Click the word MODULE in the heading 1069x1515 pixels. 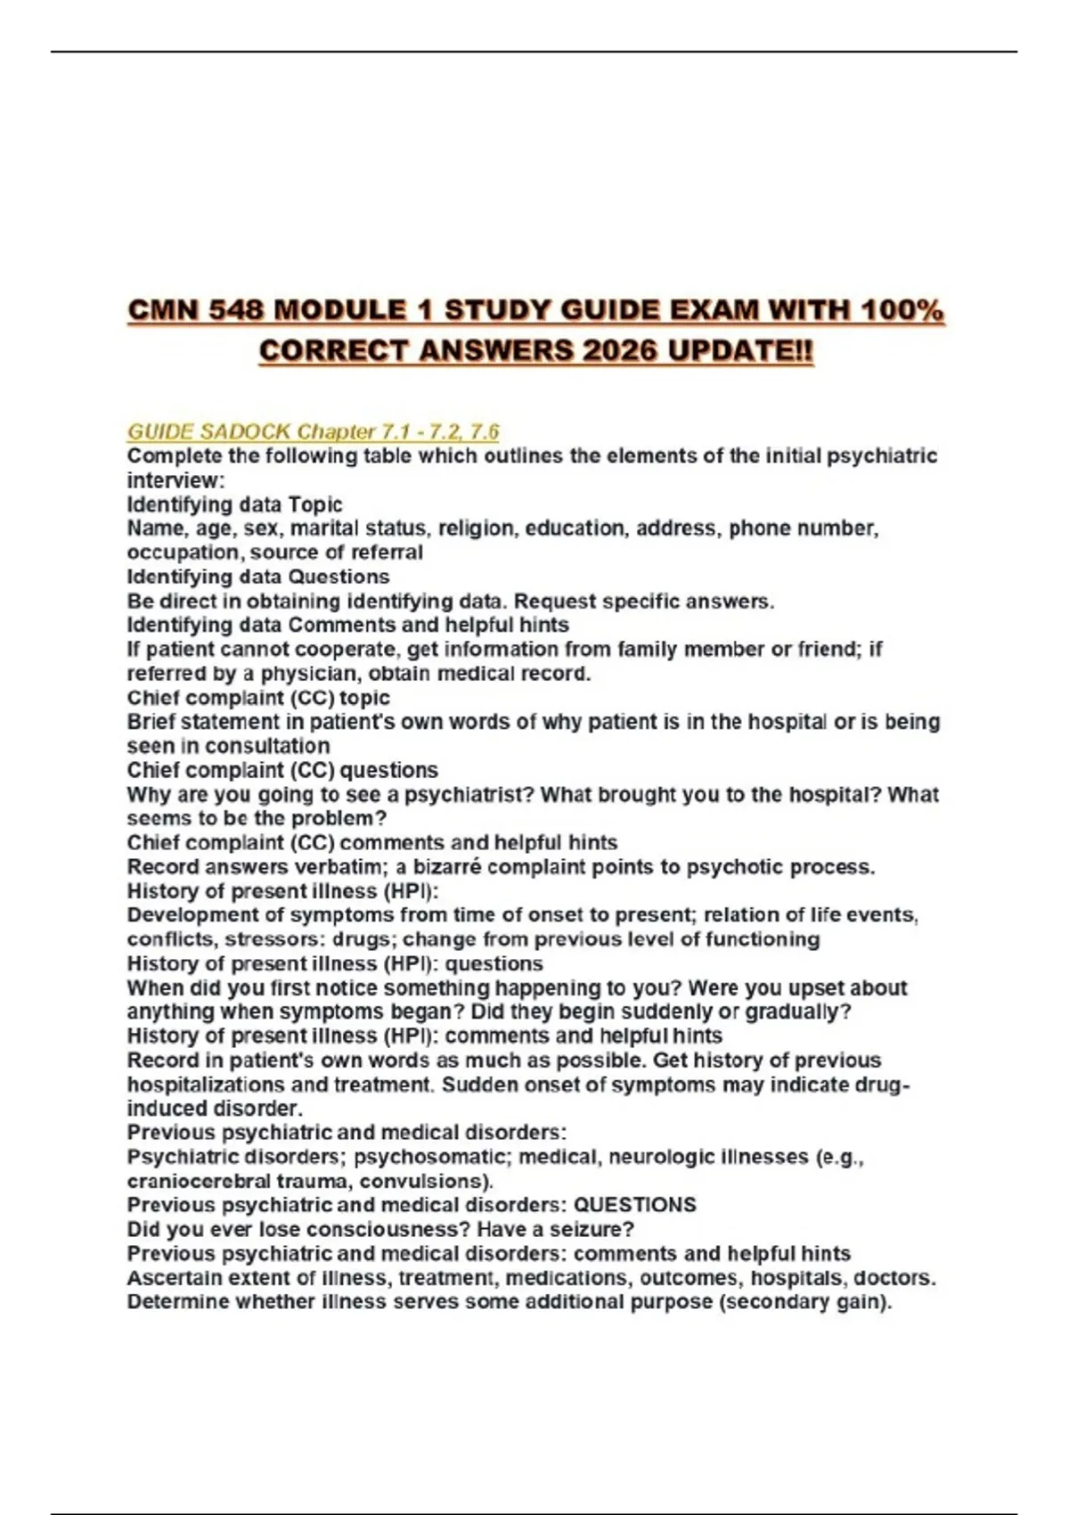pyautogui.click(x=340, y=310)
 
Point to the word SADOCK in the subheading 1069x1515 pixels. pyautogui.click(x=246, y=432)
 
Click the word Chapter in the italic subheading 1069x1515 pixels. pyautogui.click(x=335, y=432)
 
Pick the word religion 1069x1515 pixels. pyautogui.click(x=477, y=528)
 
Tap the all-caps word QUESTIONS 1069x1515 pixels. pyautogui.click(x=634, y=1206)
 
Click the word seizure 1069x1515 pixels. pyautogui.click(x=591, y=1230)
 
